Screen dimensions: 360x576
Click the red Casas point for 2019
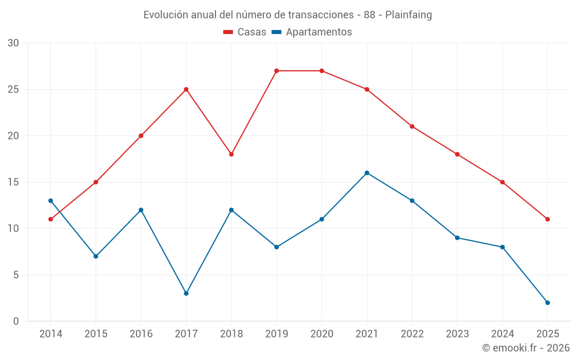pos(276,71)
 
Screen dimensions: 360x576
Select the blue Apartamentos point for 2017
pos(186,293)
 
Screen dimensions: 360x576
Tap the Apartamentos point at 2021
pos(367,173)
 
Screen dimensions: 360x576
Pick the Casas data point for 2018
pos(232,154)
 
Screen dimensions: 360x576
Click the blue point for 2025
pos(547,302)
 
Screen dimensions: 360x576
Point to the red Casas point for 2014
pos(51,219)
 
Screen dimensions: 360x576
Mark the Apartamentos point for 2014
pos(51,200)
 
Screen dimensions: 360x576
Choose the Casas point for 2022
pos(412,126)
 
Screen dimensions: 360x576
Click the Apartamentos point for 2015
pos(96,256)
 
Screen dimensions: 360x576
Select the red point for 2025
pos(547,219)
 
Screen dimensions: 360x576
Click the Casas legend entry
pos(245,32)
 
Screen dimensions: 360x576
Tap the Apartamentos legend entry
pos(312,32)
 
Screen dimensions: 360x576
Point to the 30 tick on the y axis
pos(13,43)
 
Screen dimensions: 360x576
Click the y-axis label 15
pos(13,182)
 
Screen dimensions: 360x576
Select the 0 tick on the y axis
pos(16,321)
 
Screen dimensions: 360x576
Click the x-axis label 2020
pos(321,334)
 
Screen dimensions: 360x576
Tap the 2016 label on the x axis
pos(141,334)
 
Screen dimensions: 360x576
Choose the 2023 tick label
pos(457,334)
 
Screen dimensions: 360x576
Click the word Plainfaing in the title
pos(408,15)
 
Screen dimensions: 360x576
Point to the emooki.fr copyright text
pos(526,348)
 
